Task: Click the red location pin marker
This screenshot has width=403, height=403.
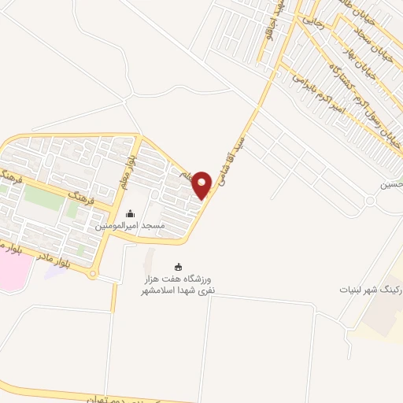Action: coord(202,184)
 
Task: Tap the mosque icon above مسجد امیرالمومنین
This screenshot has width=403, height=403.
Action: coord(130,214)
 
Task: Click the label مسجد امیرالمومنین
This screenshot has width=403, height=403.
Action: coord(130,226)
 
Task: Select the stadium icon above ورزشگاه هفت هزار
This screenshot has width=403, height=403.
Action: coord(178,268)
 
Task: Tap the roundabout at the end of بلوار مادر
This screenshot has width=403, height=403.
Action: coord(94,275)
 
